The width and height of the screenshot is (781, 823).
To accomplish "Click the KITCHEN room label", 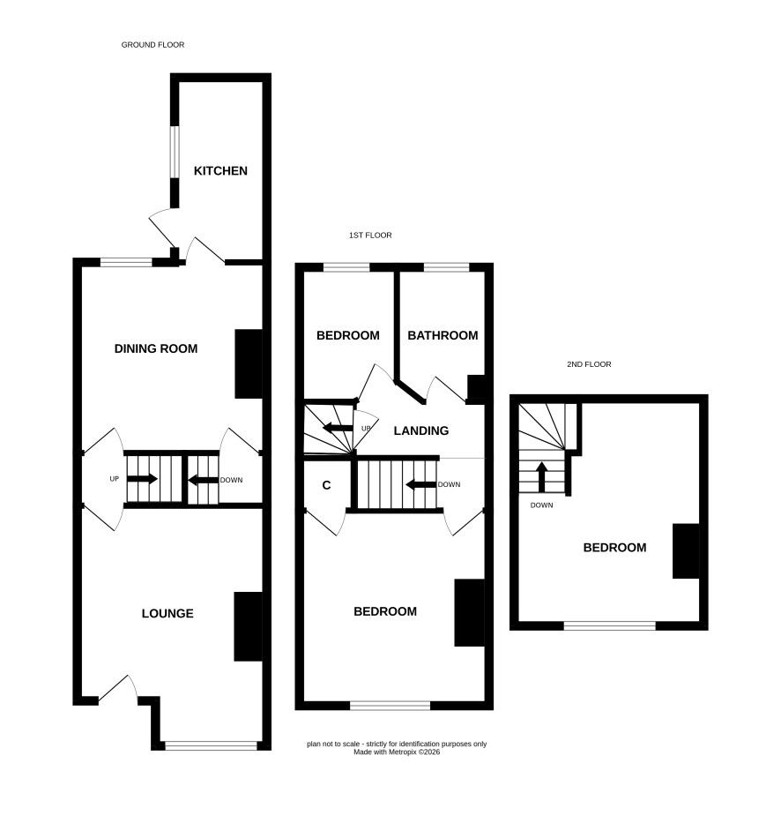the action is point(220,170).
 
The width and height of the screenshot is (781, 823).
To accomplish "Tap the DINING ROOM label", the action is point(156,348).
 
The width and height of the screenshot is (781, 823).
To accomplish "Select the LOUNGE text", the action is point(167,613).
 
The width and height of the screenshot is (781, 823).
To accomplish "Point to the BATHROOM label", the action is point(443,335).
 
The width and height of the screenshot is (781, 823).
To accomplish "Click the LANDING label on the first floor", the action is point(421,431).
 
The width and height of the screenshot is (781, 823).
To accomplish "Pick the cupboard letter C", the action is point(326,485).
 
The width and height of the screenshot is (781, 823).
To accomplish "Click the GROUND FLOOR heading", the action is point(152,45).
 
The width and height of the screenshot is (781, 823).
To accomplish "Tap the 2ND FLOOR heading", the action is point(589,364).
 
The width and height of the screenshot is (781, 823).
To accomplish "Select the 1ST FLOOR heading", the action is point(370,236).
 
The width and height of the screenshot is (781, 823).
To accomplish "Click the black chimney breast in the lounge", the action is point(248,626).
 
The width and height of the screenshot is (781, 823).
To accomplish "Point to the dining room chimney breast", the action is point(249,363).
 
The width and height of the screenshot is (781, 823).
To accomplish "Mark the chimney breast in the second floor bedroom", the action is point(686,551).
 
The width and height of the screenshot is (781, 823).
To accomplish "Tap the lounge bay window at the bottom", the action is point(211,745).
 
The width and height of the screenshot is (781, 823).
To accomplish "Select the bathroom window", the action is point(446,267).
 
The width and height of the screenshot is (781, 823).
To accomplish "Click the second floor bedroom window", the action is point(609,625).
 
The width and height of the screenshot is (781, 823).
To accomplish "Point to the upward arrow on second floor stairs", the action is point(542,476).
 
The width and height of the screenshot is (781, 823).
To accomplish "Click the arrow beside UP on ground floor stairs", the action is point(142,479).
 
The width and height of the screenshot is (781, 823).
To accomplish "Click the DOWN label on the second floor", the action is point(541,505).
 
